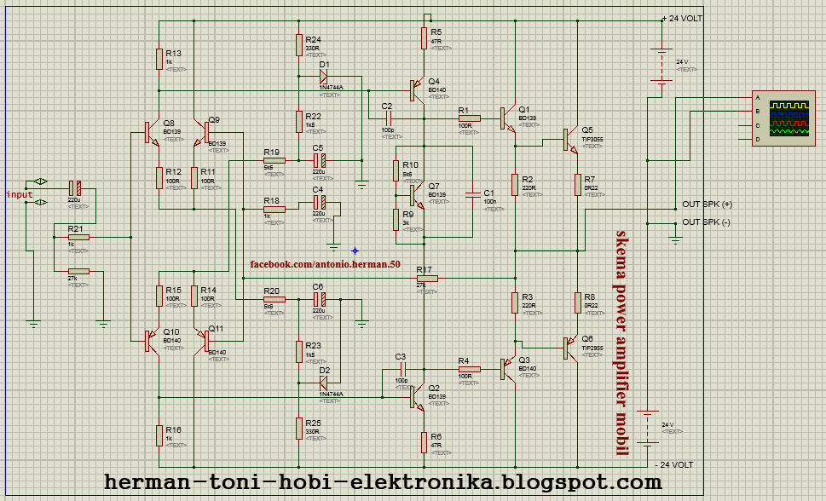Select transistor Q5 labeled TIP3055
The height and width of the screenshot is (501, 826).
pyautogui.click(x=568, y=139)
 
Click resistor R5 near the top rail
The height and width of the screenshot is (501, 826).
pyautogui.click(x=424, y=38)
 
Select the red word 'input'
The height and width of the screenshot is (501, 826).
pyautogui.click(x=19, y=194)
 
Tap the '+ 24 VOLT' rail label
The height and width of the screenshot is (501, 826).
pyautogui.click(x=683, y=19)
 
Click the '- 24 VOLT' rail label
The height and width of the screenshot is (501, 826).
pyautogui.click(x=674, y=465)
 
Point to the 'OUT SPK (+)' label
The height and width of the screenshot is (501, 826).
pyautogui.click(x=707, y=204)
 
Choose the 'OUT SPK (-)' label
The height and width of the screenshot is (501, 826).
pyautogui.click(x=707, y=222)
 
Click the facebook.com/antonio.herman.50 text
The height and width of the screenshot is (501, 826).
pyautogui.click(x=325, y=265)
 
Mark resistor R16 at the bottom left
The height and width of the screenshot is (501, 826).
pyautogui.click(x=159, y=435)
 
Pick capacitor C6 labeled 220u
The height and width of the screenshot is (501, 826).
pyautogui.click(x=319, y=300)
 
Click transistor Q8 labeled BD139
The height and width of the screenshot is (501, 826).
pyautogui.click(x=151, y=133)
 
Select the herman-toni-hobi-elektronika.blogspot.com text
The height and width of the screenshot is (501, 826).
pyautogui.click(x=383, y=482)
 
